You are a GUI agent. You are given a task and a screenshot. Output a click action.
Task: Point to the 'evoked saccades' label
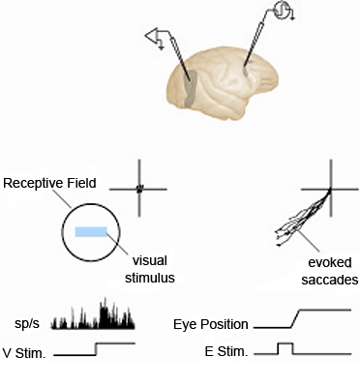pyautogui.click(x=326, y=270)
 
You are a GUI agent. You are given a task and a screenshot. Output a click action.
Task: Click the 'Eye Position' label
pyautogui.click(x=209, y=324)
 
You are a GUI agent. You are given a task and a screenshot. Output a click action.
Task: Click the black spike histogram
pyautogui.click(x=93, y=315)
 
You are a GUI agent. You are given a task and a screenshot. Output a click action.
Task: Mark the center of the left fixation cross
pyautogui.click(x=139, y=189)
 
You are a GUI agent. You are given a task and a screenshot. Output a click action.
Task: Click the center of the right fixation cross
pyautogui.click(x=330, y=189)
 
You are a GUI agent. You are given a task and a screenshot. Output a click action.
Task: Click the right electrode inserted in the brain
pyautogui.click(x=254, y=48)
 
